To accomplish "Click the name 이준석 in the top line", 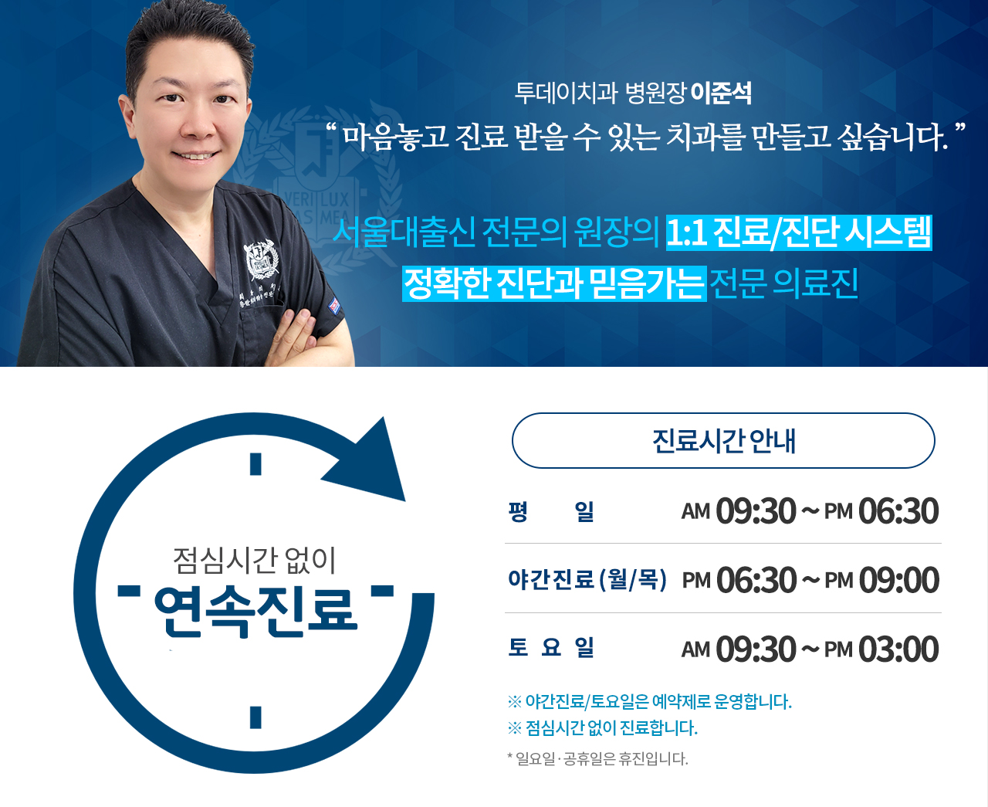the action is pos(722,93).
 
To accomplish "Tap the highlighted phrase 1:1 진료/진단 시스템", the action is pos(799,233).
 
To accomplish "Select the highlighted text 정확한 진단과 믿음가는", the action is pos(554,283).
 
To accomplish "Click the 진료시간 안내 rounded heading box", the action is pos(723,440).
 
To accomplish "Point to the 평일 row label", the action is pos(551,511).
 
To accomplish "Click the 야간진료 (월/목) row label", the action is pos(587,580).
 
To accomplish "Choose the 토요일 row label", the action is pos(551,648).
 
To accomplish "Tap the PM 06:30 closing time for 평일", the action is pos(881,510).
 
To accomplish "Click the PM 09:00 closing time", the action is pos(881,580).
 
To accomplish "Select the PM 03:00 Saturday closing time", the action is pos(881,649).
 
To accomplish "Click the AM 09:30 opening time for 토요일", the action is pos(739,649).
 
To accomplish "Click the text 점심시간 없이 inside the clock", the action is pos(255,561).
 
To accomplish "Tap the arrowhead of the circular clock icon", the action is pos(370,464).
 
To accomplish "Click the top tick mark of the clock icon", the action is pos(255,464).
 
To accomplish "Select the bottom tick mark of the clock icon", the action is pos(255,717).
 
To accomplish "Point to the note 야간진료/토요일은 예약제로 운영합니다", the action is pos(650,701).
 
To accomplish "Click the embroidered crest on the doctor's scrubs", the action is pos(262,260).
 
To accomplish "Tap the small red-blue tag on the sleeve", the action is pos(334,306).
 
